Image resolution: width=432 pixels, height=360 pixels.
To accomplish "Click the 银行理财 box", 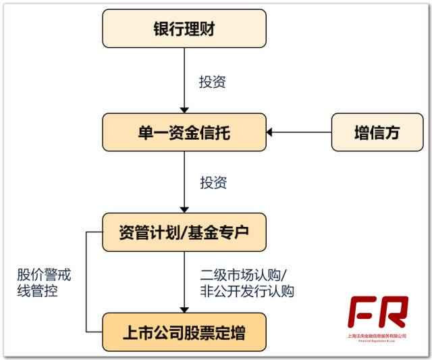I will coord(184,30).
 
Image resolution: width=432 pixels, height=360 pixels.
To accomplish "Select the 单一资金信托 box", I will coord(184,132).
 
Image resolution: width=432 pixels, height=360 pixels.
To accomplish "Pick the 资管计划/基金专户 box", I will coord(184,232).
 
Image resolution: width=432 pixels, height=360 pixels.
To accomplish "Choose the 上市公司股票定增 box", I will coord(184,332).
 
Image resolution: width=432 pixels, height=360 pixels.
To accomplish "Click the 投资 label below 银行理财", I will coord(213,82).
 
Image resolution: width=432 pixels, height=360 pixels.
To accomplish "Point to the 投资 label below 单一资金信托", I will coord(213,182).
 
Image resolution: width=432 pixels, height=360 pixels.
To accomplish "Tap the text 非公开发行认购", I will coord(247,292).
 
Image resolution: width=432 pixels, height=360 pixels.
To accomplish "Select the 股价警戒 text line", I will coord(44,276).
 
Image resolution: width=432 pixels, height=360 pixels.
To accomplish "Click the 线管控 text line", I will coord(37,292).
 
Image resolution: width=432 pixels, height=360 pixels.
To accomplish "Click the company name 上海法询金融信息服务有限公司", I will coord(377,336).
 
